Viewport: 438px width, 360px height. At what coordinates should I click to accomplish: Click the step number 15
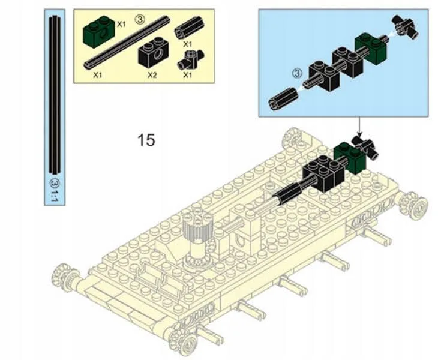coord(146,140)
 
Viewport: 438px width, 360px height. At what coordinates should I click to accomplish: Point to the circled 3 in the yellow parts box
coord(140,19)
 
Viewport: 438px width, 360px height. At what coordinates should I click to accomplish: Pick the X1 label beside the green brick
coord(121,25)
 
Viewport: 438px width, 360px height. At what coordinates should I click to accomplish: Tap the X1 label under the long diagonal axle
coord(97,76)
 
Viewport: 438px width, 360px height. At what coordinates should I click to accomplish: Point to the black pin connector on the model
coord(367,146)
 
